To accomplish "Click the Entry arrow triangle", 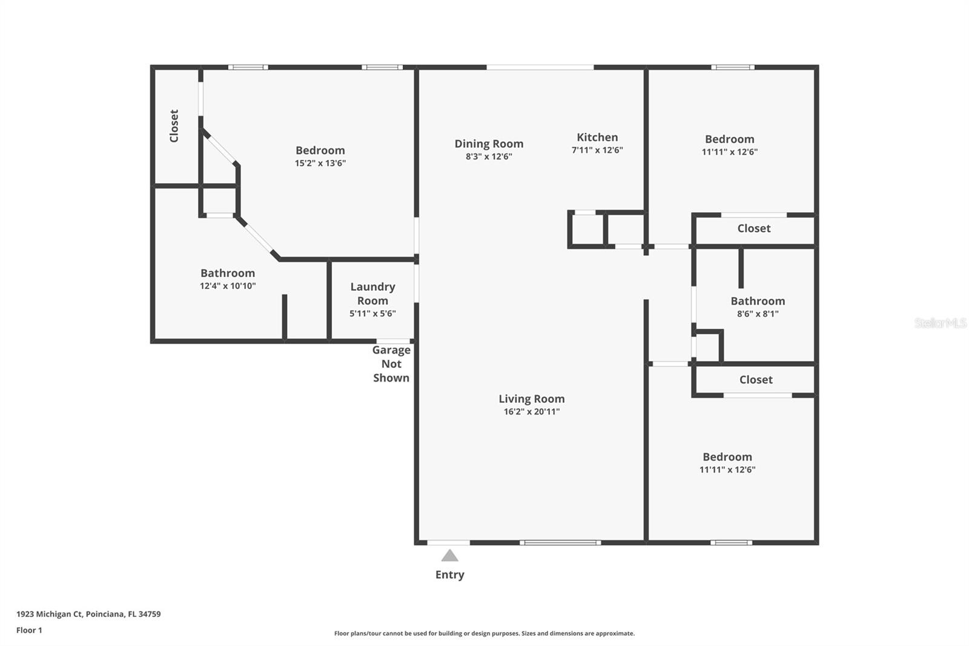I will [x=449, y=556].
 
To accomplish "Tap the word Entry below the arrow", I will [x=449, y=574].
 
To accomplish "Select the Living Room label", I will [x=531, y=399].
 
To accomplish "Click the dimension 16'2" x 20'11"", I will [x=531, y=412].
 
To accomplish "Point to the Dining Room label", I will [x=489, y=144].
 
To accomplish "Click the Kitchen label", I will [x=597, y=138].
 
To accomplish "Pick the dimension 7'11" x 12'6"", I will [x=597, y=150].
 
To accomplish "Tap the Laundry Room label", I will [x=372, y=293].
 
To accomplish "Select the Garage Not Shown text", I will [x=391, y=364].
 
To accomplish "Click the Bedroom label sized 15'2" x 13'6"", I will [x=320, y=150].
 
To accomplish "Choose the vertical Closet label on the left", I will [x=174, y=126].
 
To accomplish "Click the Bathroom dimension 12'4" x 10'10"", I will [x=228, y=286].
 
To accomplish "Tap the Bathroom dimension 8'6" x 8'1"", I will [x=758, y=314].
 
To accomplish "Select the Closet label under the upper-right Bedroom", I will [x=753, y=228].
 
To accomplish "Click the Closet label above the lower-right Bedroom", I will [x=756, y=380].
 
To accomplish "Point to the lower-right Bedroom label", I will [x=727, y=457].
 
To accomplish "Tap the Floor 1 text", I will [x=29, y=630].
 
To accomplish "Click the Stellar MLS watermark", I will [x=940, y=323].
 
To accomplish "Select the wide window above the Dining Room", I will [x=540, y=67].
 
